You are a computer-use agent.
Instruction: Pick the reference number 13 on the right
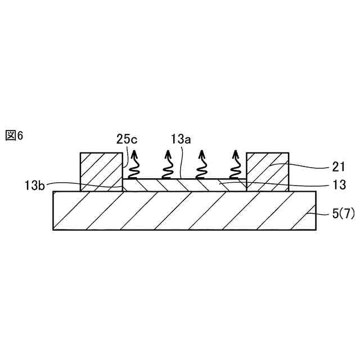338,184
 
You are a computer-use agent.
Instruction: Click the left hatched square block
101,172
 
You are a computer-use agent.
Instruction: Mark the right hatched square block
268,172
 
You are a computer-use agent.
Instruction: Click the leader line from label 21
304,165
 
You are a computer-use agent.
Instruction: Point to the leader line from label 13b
84,184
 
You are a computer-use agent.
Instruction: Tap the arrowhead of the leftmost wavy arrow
135,154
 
